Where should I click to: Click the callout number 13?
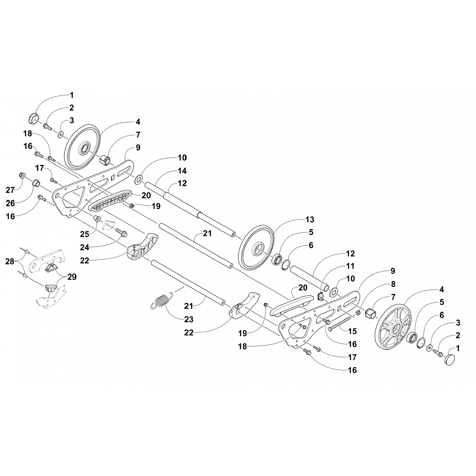[310, 219]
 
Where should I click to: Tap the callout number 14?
[182, 171]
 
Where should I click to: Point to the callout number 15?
[352, 331]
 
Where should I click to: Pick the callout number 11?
[350, 266]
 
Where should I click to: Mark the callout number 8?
[393, 284]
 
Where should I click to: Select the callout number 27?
[10, 190]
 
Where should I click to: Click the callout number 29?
[72, 277]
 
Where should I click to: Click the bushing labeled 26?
[36, 183]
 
